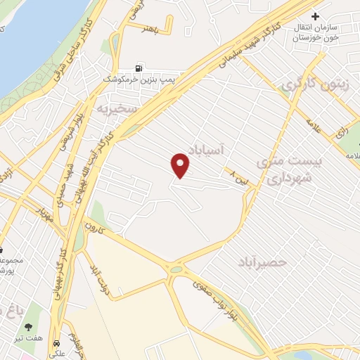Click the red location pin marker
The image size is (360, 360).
click(181, 165)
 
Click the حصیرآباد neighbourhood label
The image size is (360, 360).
click(263, 262)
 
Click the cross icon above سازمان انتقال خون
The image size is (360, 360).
click(315, 16)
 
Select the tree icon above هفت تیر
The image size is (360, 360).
click(29, 327)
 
